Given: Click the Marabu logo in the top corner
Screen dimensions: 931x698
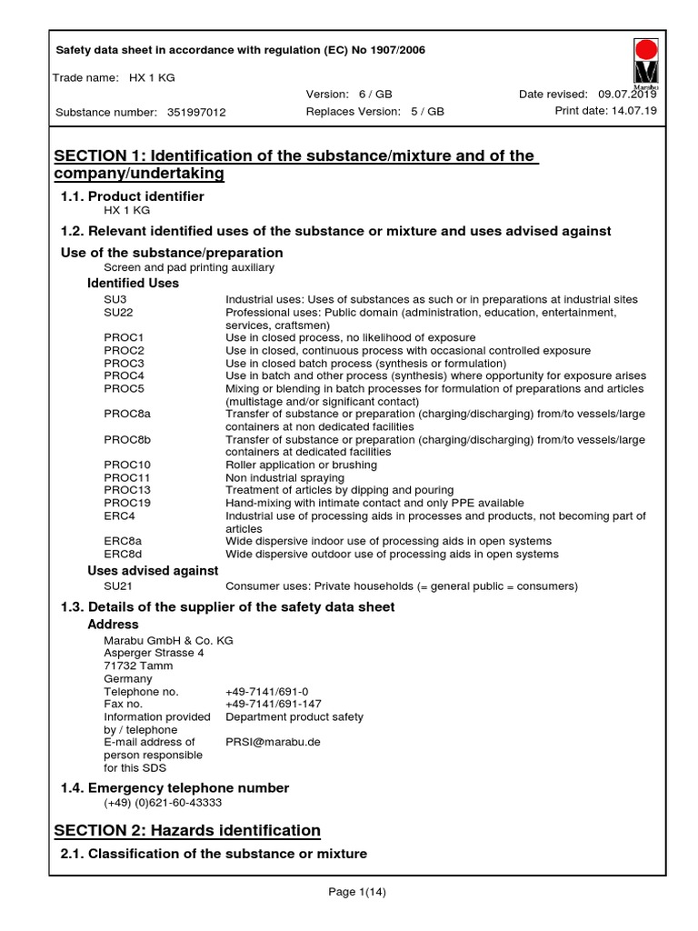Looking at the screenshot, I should (x=646, y=63).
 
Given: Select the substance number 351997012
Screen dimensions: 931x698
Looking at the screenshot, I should (x=196, y=113).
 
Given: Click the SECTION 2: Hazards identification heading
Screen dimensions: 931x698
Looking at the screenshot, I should (x=187, y=830).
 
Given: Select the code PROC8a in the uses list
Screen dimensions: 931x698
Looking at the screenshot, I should (x=127, y=414).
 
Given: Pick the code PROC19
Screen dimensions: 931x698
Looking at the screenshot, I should (x=126, y=503).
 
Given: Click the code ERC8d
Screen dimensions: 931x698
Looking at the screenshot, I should (x=123, y=554).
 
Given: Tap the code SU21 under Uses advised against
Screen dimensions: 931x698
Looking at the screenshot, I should (x=119, y=586).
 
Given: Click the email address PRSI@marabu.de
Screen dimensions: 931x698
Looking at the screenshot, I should (x=273, y=742).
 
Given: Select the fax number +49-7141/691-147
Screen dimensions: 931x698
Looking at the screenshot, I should (x=273, y=704).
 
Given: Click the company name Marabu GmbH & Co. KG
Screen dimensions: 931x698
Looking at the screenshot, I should (x=168, y=640).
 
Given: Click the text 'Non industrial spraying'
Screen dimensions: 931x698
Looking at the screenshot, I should (x=284, y=477).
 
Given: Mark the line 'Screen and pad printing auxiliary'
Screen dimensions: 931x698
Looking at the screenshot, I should (x=189, y=267).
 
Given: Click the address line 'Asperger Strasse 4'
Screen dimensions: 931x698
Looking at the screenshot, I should (x=154, y=653).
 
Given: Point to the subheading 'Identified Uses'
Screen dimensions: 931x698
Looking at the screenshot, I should (x=133, y=284).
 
